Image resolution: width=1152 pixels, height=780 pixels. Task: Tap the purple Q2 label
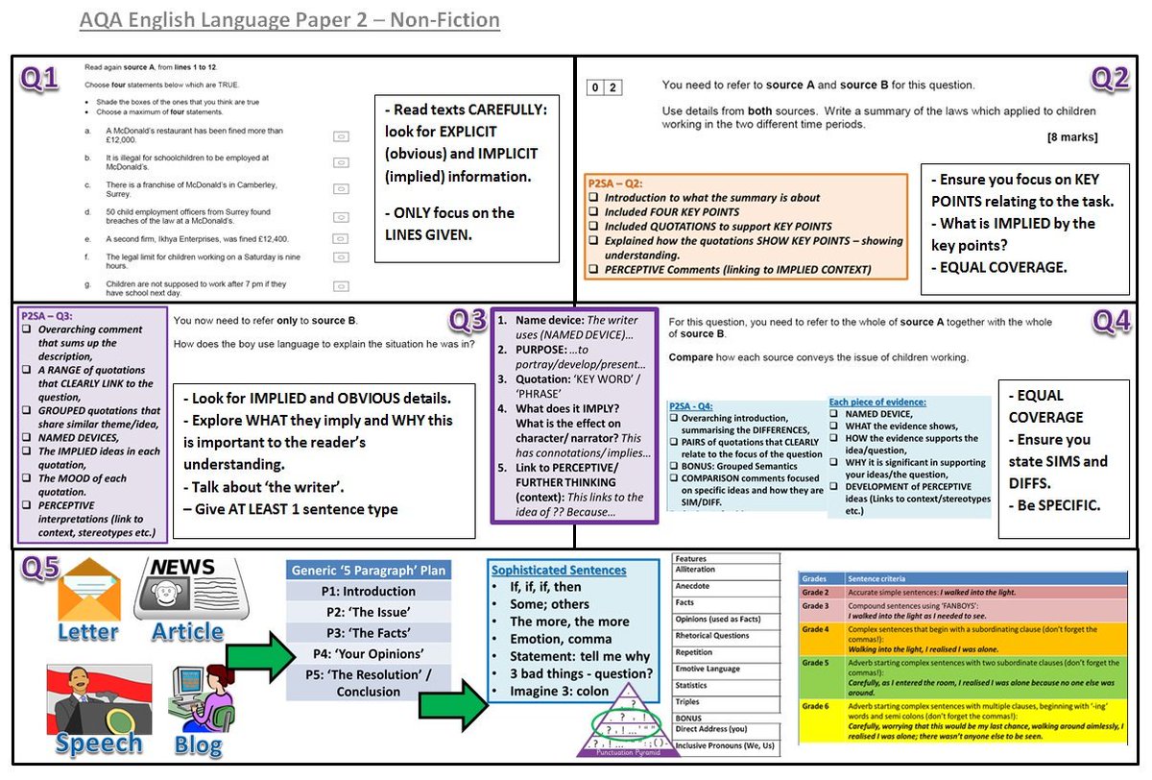tap(1110, 80)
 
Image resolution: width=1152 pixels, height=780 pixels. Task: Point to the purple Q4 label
tap(1112, 324)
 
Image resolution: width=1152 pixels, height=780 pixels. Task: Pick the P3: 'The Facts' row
tap(369, 632)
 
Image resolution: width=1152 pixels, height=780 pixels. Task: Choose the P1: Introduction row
tap(369, 591)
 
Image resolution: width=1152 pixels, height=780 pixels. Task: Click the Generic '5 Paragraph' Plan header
tap(369, 570)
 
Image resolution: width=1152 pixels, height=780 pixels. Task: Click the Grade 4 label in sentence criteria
tap(816, 629)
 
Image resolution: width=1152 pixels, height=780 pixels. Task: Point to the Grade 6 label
tap(816, 706)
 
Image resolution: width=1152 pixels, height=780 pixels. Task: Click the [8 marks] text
tap(1072, 137)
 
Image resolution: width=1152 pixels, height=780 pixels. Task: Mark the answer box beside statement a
tap(340, 137)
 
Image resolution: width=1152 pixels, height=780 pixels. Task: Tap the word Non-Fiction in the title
tap(444, 20)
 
